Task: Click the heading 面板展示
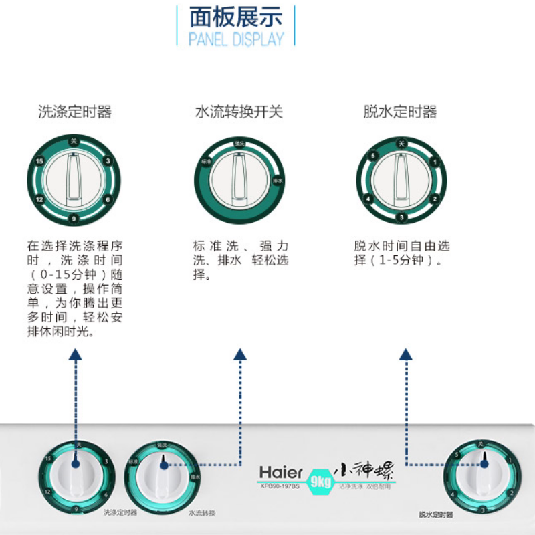235,16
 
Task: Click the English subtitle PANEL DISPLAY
235,39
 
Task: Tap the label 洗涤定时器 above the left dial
75,112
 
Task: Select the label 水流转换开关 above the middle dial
239,112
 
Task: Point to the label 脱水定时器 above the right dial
401,112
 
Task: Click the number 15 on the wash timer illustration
40,161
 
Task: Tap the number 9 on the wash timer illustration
74,219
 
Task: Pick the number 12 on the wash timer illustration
40,199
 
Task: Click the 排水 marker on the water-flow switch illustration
280,181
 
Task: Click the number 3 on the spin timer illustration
401,217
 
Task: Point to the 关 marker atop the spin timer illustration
401,142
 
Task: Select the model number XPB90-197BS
281,485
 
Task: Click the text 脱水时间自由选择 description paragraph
402,253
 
